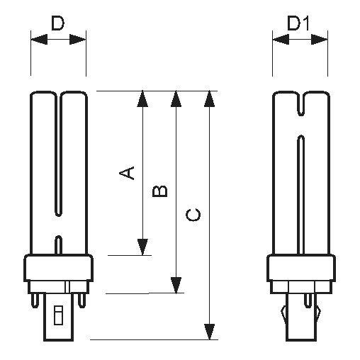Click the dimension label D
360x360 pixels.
click(x=58, y=23)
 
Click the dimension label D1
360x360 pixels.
click(x=298, y=23)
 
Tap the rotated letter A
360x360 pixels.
click(x=127, y=173)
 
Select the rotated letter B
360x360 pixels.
click(x=160, y=191)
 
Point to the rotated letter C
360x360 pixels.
click(x=193, y=215)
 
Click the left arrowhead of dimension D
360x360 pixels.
click(x=39, y=39)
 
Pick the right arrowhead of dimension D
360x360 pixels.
click(x=77, y=39)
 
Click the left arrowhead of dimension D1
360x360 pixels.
click(x=281, y=39)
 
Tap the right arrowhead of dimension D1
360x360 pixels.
click(x=319, y=39)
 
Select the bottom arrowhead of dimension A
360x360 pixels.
click(x=142, y=247)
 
